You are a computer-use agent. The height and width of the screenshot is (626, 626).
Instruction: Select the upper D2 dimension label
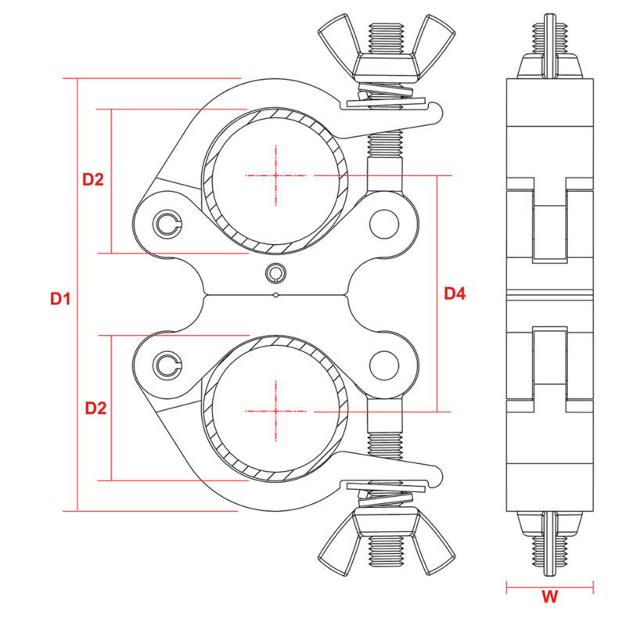click(93, 179)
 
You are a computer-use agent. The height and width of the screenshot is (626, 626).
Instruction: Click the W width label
click(550, 597)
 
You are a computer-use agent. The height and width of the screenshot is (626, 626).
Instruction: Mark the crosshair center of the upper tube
click(275, 175)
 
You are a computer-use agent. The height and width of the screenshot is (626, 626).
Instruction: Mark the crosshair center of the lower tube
click(275, 410)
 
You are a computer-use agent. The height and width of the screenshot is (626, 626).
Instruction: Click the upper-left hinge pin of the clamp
click(167, 224)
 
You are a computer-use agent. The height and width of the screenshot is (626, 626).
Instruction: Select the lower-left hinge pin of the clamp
click(167, 363)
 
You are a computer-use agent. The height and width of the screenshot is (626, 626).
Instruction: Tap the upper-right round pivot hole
click(383, 223)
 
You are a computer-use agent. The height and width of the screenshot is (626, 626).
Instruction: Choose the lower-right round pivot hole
click(383, 364)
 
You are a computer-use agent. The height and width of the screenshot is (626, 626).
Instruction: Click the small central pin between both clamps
click(275, 272)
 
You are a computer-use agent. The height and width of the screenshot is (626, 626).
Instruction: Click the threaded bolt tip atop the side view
click(549, 35)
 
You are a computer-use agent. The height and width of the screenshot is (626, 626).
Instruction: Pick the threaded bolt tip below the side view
click(549, 552)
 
